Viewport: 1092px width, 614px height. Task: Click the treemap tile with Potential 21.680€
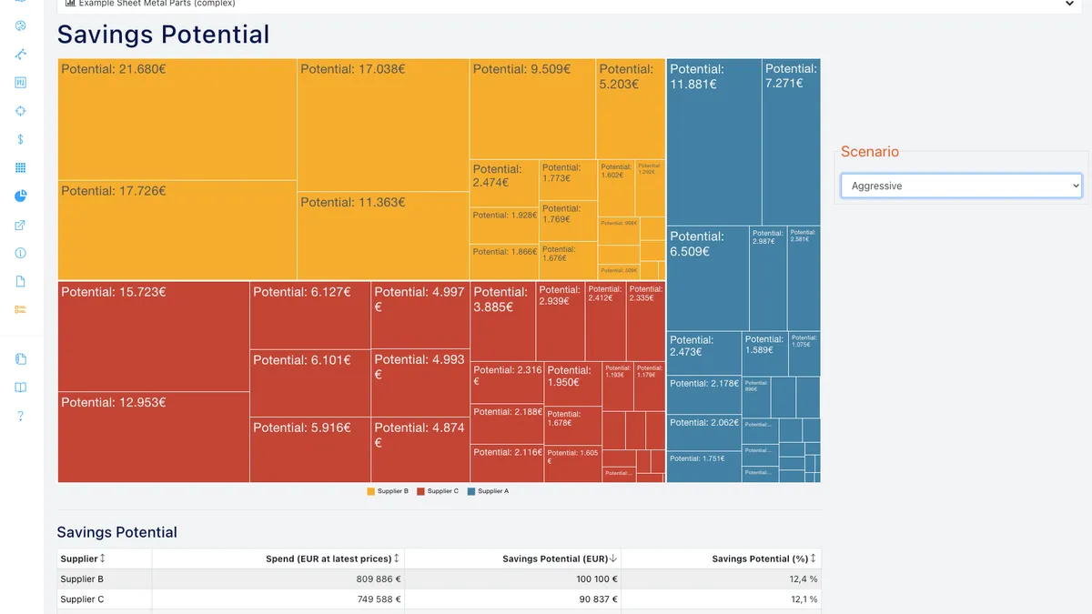[177, 119]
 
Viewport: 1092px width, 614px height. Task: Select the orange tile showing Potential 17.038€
[383, 125]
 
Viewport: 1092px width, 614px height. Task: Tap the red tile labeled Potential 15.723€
[154, 337]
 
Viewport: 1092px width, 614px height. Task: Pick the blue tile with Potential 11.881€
[713, 142]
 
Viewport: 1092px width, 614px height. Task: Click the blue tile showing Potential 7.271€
[791, 142]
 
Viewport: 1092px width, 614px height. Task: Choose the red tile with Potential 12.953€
[154, 437]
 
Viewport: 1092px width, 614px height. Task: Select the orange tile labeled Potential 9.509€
[533, 109]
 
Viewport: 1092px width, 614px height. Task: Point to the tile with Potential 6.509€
[708, 278]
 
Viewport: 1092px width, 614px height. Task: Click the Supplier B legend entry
[388, 491]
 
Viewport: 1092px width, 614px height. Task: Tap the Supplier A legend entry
[488, 491]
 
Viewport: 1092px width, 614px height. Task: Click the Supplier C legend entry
[438, 491]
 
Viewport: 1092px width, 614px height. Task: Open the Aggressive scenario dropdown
[961, 186]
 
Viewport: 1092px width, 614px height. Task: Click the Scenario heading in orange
[869, 152]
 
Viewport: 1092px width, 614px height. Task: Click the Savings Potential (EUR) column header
[555, 559]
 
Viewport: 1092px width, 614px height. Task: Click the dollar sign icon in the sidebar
[21, 139]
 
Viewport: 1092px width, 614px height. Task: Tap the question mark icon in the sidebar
[21, 416]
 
